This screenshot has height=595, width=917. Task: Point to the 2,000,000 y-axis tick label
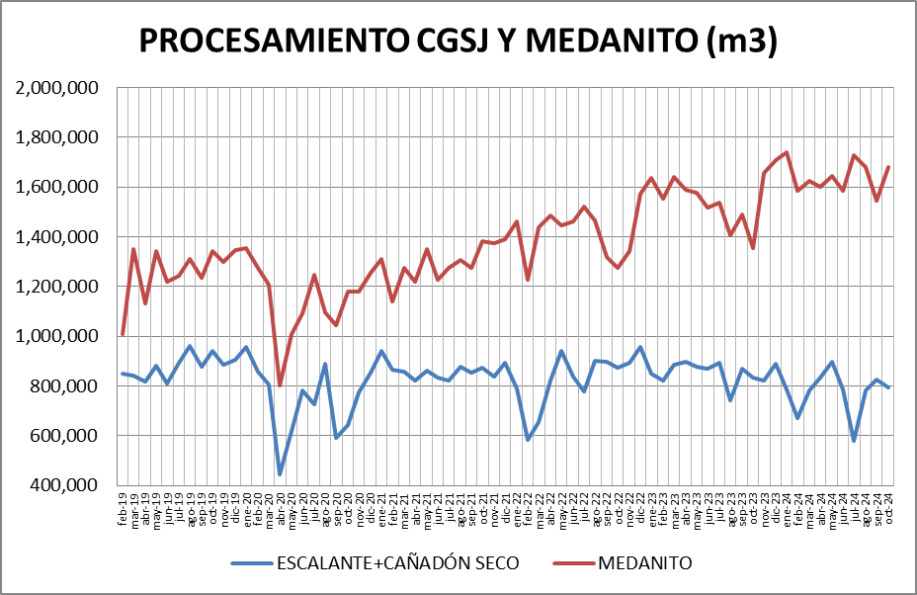click(56, 88)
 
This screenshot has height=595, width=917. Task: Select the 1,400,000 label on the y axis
click(56, 237)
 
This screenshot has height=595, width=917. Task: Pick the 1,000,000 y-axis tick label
click(56, 336)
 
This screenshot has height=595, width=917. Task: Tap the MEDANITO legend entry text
click(644, 563)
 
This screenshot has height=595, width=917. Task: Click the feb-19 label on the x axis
click(123, 510)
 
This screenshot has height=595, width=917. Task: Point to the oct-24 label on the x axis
click(888, 510)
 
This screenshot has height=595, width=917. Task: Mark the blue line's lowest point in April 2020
click(280, 474)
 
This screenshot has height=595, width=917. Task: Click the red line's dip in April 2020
click(280, 385)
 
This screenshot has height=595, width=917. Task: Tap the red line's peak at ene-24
click(787, 152)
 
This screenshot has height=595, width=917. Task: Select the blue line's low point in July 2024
click(854, 440)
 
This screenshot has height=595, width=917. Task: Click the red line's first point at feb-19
click(123, 334)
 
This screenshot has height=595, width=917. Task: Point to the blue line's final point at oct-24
click(888, 387)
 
